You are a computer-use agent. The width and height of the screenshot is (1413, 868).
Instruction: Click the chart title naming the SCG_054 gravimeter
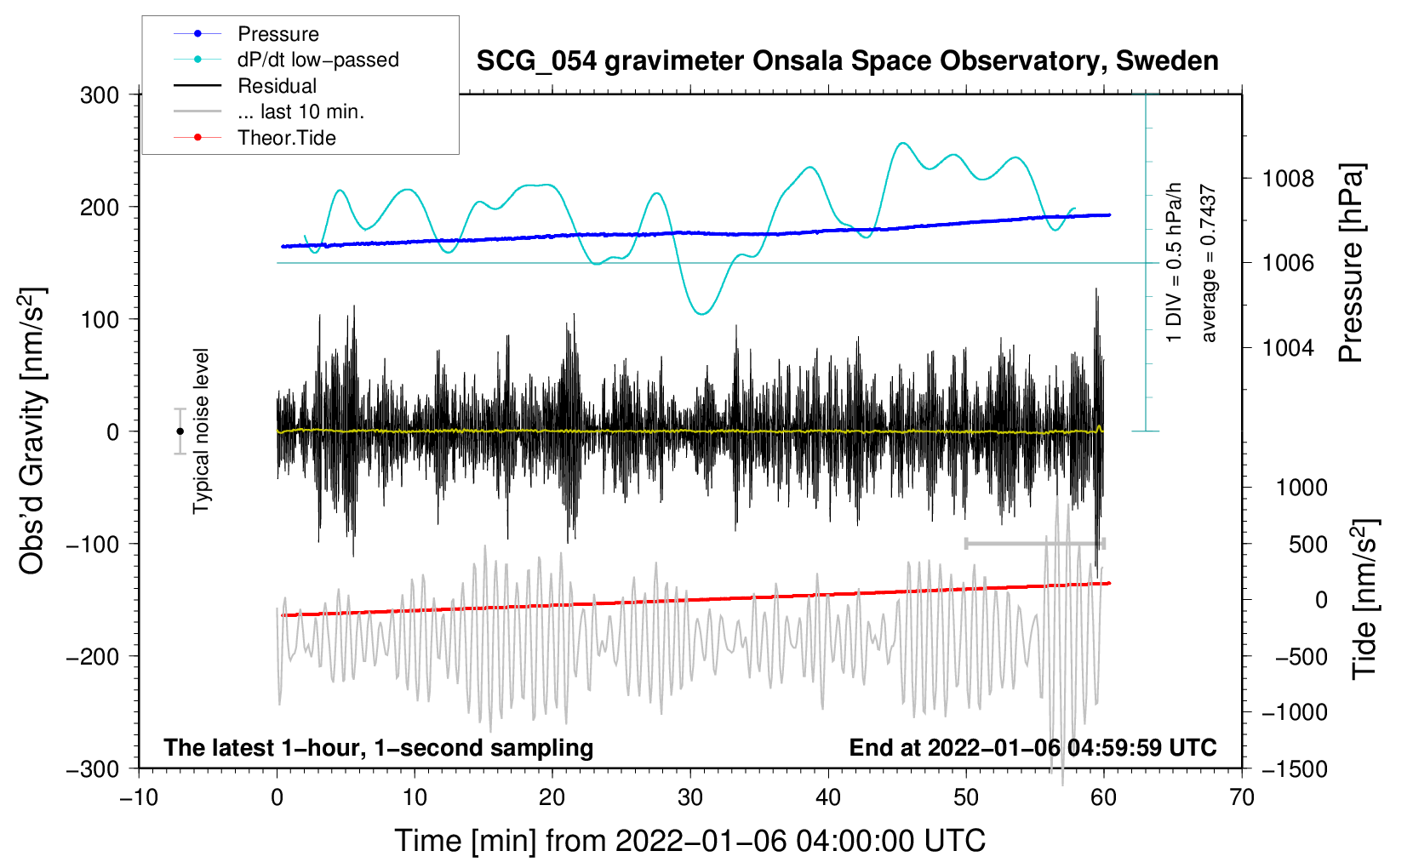tap(847, 61)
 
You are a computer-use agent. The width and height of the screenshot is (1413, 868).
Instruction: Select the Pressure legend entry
tap(278, 34)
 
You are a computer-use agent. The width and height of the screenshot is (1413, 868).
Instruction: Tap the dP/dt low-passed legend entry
tap(317, 60)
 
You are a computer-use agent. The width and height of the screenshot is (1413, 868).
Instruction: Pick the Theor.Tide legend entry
tap(286, 138)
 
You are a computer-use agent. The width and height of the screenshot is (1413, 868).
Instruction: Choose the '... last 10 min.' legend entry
tap(300, 111)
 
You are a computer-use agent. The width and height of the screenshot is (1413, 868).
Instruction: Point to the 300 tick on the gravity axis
tap(100, 94)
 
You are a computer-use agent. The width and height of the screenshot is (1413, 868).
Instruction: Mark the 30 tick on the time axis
tap(690, 797)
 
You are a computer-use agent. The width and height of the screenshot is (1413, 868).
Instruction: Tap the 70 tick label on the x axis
tap(1242, 797)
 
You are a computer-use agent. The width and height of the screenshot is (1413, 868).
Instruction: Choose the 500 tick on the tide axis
tap(1308, 544)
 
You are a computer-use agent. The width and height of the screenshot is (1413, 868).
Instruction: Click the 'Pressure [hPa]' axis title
tap(1352, 264)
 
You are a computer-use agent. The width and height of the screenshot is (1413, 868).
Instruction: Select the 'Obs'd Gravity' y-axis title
tap(32, 431)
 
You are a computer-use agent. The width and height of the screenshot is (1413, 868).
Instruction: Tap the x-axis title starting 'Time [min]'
tap(689, 841)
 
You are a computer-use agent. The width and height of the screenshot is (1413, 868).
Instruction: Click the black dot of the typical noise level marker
tap(180, 431)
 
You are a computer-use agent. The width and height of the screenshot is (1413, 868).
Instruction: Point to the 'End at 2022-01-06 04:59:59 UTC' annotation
tap(1033, 747)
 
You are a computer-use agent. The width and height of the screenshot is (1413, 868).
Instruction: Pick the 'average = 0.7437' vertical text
tap(1209, 264)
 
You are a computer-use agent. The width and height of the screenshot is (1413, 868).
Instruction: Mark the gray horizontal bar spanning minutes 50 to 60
tap(1034, 543)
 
